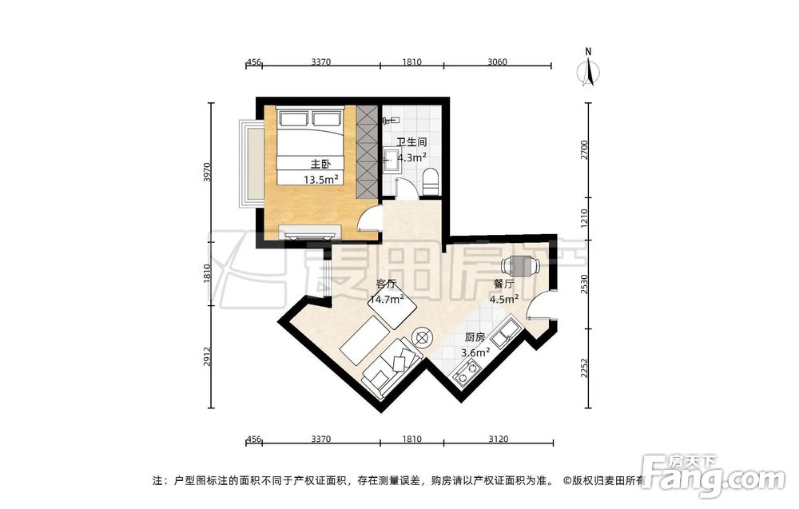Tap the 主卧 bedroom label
(321, 164)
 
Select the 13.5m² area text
(321, 179)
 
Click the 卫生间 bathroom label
(411, 142)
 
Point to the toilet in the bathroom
(431, 182)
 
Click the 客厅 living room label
(386, 284)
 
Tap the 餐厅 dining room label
(504, 284)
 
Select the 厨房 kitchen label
(475, 337)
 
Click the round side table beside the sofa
(423, 337)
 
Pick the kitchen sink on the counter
(507, 332)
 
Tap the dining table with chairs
(520, 265)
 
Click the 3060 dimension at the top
(497, 62)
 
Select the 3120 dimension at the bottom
(498, 439)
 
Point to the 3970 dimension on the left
(206, 173)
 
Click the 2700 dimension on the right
(585, 149)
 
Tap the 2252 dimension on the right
(585, 368)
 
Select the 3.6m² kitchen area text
(475, 352)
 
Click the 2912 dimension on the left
(206, 356)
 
